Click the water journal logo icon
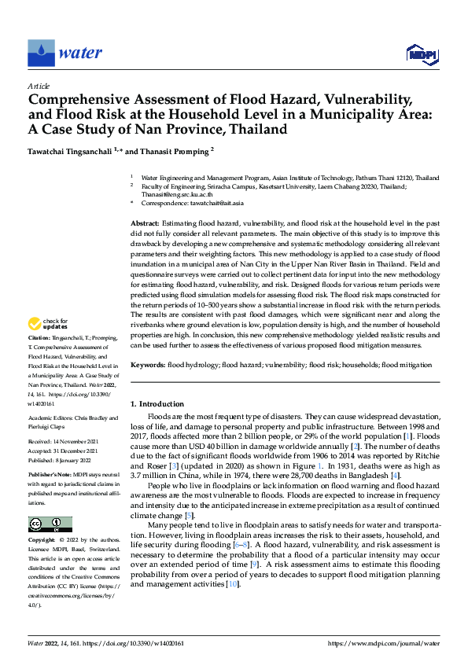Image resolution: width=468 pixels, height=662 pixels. pos(40,53)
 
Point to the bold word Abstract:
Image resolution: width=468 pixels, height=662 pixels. pos(146,224)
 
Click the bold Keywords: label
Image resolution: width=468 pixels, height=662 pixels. pos(147,365)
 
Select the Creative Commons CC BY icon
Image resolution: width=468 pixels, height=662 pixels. pos(50,524)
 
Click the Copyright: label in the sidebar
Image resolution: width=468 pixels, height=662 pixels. pos(42,542)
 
